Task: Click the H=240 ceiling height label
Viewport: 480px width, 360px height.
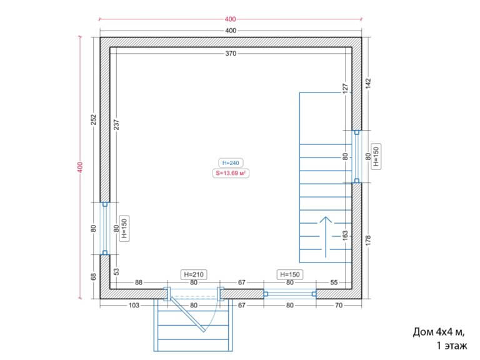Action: point(231,163)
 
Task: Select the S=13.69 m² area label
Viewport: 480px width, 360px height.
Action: point(231,173)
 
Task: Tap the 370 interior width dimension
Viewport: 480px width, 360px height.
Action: point(231,54)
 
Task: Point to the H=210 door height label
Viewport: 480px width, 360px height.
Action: point(194,274)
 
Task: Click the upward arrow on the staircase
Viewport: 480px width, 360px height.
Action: point(326,237)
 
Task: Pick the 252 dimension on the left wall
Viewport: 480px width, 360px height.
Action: point(94,119)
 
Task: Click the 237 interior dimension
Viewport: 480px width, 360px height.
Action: point(117,124)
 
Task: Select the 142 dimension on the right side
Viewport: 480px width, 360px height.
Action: point(368,83)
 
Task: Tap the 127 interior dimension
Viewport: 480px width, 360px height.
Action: point(345,88)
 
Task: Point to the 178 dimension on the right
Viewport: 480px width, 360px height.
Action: point(368,240)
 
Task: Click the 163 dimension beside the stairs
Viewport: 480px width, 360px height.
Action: point(345,235)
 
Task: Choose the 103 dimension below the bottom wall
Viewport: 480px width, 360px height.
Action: point(134,305)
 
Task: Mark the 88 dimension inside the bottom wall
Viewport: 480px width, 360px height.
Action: point(139,282)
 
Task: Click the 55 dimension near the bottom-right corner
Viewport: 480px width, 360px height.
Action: point(334,282)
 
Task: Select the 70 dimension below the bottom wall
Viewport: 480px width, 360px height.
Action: point(339,305)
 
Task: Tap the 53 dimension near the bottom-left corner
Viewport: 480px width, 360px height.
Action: point(117,271)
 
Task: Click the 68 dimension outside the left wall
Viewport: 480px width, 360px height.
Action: point(94,276)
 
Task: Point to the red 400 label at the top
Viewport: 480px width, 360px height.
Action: point(230,19)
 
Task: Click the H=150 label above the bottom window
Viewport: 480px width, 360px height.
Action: point(290,274)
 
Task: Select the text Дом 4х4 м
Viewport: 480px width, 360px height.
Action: point(439,332)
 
